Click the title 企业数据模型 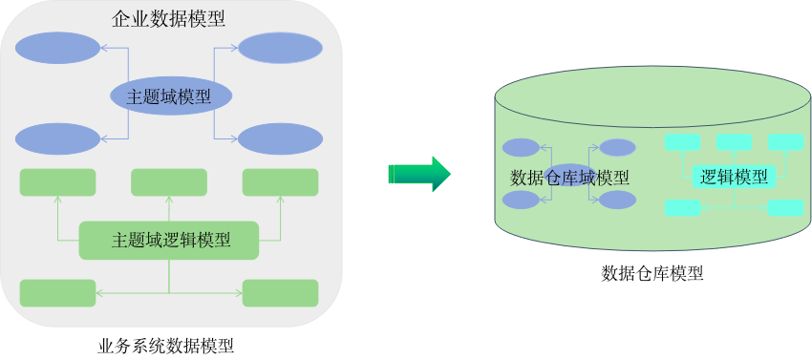[x=169, y=18]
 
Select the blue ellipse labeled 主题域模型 [x=172, y=95]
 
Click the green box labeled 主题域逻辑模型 [x=169, y=240]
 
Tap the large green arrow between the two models [x=418, y=174]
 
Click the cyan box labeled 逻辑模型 [x=734, y=177]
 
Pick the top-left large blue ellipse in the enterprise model [x=57, y=48]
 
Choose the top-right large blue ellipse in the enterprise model [x=280, y=48]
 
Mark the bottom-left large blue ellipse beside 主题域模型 [x=57, y=138]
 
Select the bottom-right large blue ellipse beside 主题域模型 [x=280, y=138]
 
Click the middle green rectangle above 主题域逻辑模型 [x=169, y=182]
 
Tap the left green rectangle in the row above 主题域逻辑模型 [x=57, y=182]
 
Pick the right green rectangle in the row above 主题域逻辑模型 [x=280, y=182]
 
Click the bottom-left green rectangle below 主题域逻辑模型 [x=57, y=293]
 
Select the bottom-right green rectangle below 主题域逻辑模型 [x=280, y=293]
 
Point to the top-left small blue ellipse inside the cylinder [x=521, y=148]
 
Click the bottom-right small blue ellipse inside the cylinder [x=617, y=200]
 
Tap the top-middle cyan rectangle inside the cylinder [x=734, y=142]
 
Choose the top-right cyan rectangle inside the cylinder [x=785, y=142]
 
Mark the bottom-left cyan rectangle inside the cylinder [x=682, y=207]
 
